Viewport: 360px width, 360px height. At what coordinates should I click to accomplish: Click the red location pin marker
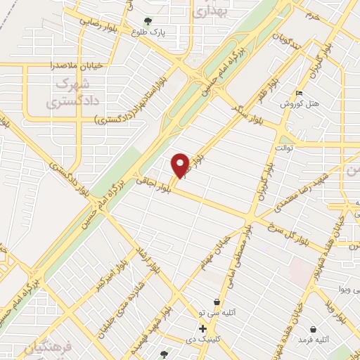click(181, 165)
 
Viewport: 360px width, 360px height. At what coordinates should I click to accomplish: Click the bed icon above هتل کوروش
click(300, 94)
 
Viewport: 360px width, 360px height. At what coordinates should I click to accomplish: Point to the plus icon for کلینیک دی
click(203, 328)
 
